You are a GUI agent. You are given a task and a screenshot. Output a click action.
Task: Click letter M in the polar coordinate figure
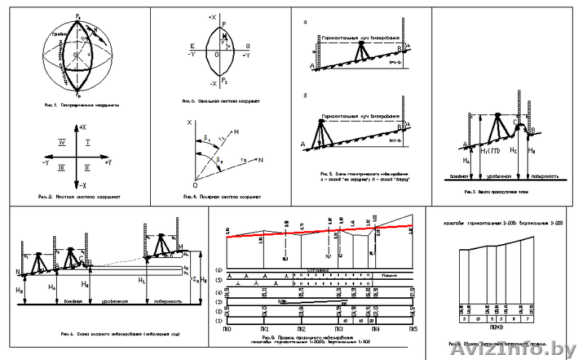[x=237, y=131]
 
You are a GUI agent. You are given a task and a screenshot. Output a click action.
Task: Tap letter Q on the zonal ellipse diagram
[x=249, y=45]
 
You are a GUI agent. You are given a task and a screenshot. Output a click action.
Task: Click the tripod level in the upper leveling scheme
[x=359, y=51]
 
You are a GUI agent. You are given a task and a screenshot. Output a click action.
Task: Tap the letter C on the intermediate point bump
[x=514, y=132]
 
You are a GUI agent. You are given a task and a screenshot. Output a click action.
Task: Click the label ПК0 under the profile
[x=228, y=329]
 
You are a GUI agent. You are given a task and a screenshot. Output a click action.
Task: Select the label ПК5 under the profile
[x=412, y=329]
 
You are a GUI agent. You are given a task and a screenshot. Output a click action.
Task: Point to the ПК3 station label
[x=339, y=329]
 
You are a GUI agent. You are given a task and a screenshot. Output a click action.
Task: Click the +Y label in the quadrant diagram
[x=107, y=162]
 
